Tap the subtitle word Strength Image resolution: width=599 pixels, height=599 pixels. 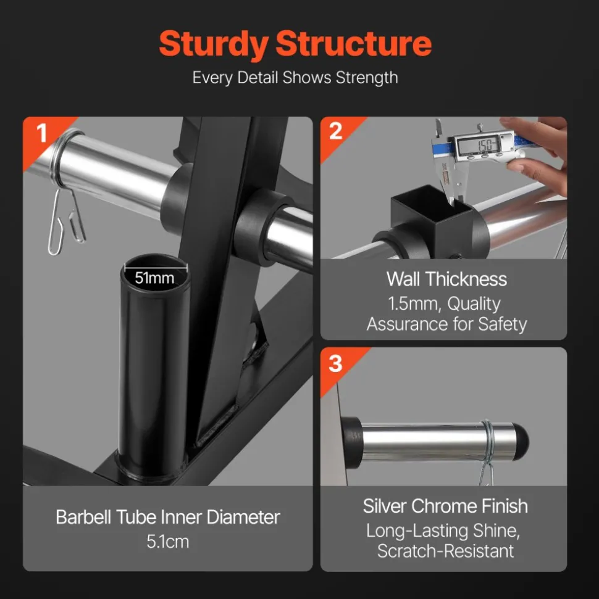coord(367,78)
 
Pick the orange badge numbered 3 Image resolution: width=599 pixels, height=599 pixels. coord(336,364)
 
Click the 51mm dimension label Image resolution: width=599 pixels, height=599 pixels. coord(154,278)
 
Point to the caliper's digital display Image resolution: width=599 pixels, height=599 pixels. coord(479,146)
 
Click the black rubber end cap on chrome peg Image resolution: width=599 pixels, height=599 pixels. coord(521,442)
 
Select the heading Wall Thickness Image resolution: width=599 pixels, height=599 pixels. coord(446,279)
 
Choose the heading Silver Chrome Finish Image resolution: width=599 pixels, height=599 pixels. coord(445,506)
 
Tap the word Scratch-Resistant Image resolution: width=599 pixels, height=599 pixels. coord(446,551)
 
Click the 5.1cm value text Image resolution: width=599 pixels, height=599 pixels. coord(168,542)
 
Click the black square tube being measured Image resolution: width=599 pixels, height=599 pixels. coord(432,218)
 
